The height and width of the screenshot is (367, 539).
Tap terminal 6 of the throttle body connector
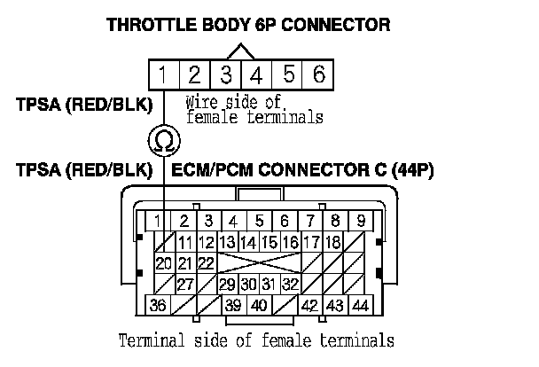coord(318,74)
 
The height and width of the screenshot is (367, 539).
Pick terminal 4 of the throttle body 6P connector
coord(257,74)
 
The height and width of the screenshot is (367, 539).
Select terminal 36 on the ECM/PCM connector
coord(160,305)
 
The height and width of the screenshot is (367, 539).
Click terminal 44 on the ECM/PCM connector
coord(360,305)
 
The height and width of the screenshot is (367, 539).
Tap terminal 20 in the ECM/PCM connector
coord(163,262)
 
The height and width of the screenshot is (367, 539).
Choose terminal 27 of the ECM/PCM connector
coord(185,284)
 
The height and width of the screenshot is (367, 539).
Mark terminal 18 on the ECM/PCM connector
coord(332,241)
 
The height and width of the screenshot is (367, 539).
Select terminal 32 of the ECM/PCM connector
coord(289,284)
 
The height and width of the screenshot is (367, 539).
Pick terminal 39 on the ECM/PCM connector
coord(232,305)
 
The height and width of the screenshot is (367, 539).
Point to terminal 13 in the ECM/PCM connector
coord(227,241)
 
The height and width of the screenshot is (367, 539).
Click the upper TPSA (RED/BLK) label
coord(83,105)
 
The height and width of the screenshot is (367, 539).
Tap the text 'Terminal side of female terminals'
coord(255,340)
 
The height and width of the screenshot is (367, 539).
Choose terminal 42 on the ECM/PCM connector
coord(309,305)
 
